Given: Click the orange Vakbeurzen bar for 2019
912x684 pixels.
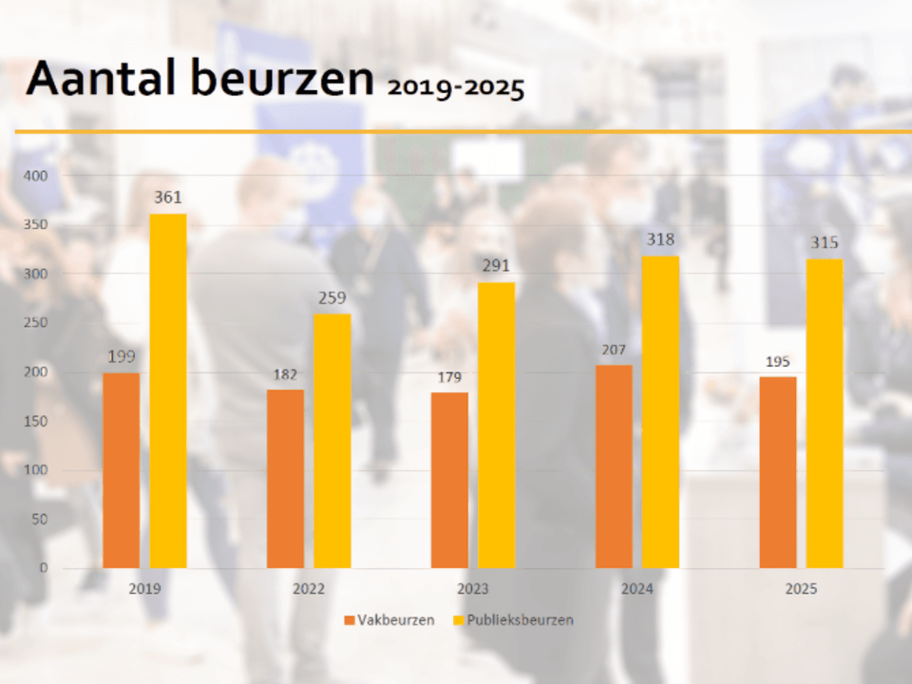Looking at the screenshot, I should (121, 470).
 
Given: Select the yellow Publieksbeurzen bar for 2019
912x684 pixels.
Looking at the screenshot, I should (168, 391).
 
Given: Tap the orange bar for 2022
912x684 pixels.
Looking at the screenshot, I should (285, 479).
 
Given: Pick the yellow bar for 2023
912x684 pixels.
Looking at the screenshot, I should (496, 426).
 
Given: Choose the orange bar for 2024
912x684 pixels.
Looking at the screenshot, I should (614, 466).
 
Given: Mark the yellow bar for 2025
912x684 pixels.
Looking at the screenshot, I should (825, 414).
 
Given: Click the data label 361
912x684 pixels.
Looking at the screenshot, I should (168, 198).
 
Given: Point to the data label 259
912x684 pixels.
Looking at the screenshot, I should (332, 297).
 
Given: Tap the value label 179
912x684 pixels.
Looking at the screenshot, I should (448, 377).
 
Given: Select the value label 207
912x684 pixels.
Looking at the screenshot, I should (614, 350).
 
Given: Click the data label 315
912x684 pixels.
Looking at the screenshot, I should (825, 243).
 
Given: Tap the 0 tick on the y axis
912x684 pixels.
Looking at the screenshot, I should (42, 568).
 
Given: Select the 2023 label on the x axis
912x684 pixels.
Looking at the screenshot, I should (472, 589).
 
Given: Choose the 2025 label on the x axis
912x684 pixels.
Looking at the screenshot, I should (801, 589).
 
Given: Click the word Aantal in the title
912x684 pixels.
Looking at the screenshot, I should (103, 79).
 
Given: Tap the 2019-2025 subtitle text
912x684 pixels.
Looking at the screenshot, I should (455, 88).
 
